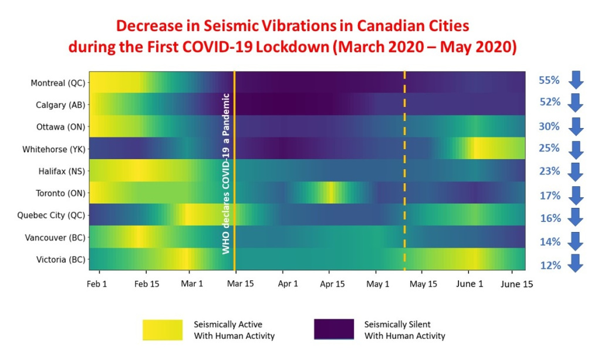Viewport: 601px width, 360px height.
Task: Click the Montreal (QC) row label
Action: (x=57, y=83)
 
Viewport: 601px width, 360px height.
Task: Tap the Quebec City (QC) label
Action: (x=52, y=215)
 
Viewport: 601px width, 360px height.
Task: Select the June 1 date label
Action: (x=469, y=283)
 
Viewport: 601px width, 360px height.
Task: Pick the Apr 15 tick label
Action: (x=332, y=283)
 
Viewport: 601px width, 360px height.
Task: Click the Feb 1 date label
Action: (x=99, y=283)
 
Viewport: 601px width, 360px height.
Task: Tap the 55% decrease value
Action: (x=550, y=80)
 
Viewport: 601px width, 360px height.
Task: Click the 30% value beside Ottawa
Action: (x=550, y=126)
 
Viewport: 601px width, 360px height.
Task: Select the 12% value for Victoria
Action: (x=550, y=265)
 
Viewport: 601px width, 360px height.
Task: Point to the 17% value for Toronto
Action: (x=550, y=196)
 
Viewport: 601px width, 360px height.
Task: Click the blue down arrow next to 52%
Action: (x=576, y=102)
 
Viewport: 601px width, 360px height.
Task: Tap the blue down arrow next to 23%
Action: (x=576, y=171)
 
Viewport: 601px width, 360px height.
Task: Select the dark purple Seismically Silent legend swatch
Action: (x=334, y=329)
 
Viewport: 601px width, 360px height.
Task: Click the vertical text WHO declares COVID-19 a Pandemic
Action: (x=225, y=173)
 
